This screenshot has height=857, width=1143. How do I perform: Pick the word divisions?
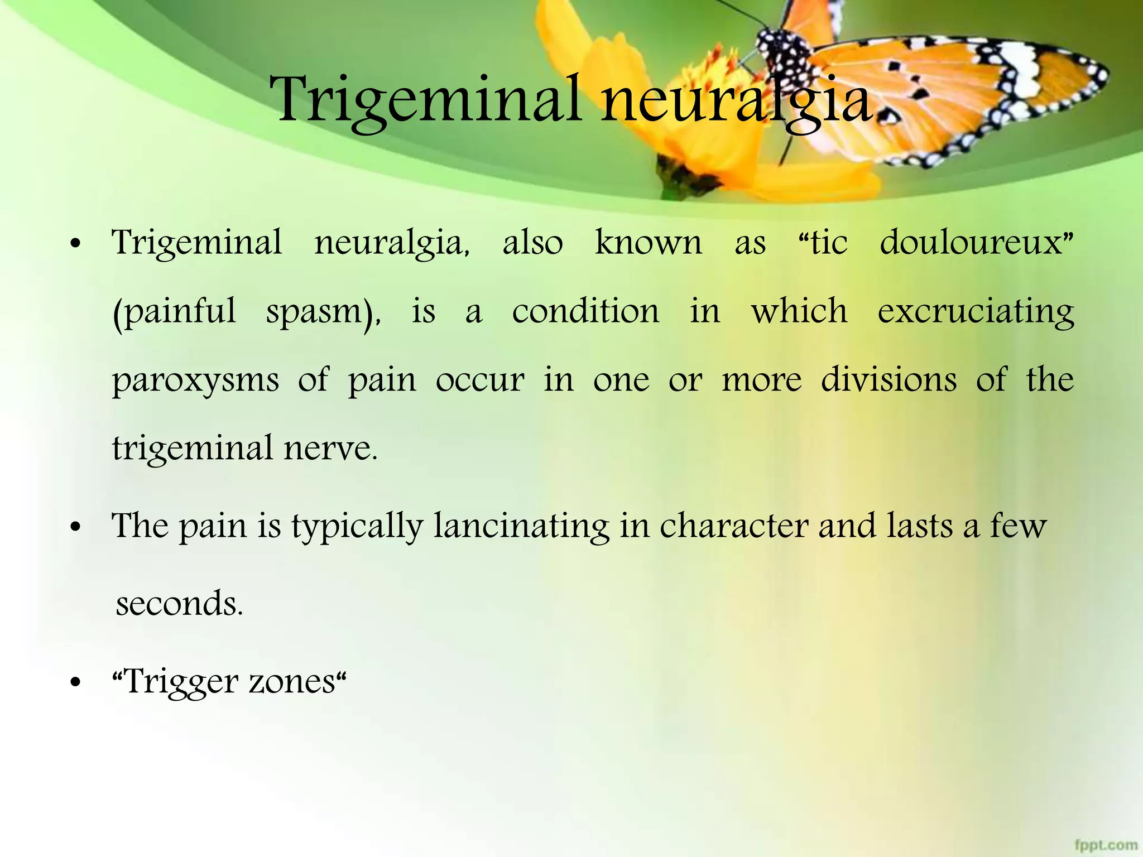pyautogui.click(x=889, y=379)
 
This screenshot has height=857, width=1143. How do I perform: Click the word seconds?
pyautogui.click(x=179, y=604)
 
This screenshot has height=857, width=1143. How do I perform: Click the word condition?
pyautogui.click(x=585, y=311)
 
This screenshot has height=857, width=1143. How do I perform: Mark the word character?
pyautogui.click(x=734, y=526)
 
